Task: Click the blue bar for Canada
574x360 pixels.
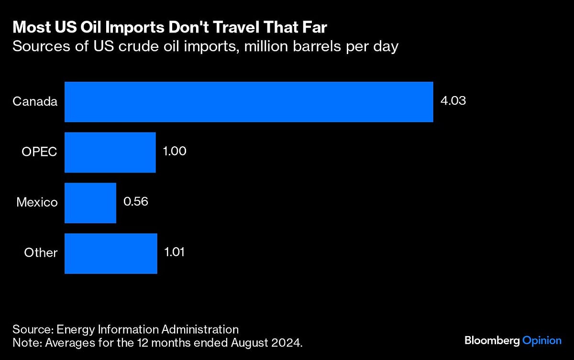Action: (x=249, y=102)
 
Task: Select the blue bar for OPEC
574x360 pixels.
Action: (x=110, y=152)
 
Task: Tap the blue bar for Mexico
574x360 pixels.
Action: (x=90, y=202)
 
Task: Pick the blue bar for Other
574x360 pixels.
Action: (x=110, y=253)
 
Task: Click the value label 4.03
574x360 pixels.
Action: (x=453, y=101)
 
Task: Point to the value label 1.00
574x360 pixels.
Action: (x=175, y=152)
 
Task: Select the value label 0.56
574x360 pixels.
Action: (x=135, y=202)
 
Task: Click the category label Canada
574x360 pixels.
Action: (x=35, y=101)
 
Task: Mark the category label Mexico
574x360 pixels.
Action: (x=37, y=202)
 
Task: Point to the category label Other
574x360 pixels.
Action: (x=41, y=253)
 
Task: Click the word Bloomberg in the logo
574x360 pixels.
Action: (x=492, y=340)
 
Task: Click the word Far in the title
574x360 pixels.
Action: (x=314, y=27)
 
